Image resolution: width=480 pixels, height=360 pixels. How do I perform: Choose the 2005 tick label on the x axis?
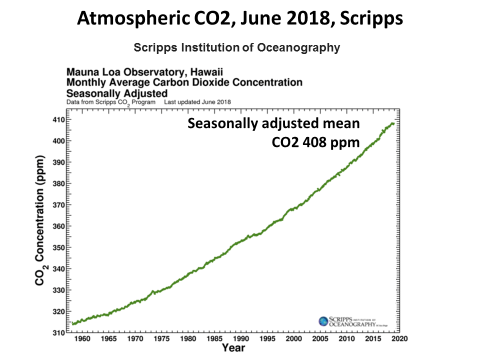[x=320, y=339]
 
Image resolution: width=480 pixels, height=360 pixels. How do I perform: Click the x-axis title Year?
[x=233, y=347]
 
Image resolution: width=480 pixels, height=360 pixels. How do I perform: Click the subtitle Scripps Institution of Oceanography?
[x=237, y=47]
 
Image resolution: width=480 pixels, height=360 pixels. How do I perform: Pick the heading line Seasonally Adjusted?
[x=116, y=92]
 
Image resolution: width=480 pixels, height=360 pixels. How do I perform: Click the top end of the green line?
[x=393, y=123]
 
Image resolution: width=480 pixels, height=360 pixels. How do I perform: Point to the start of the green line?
[x=73, y=324]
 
